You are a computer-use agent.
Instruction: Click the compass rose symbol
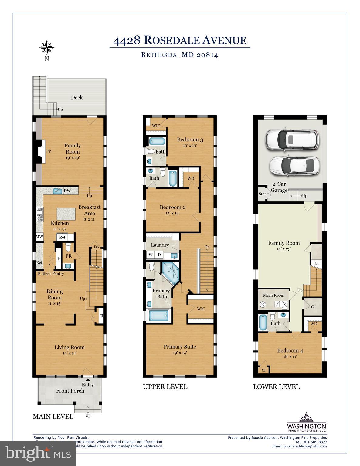pyautogui.click(x=47, y=47)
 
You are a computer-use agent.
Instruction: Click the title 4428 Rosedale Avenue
pyautogui.click(x=180, y=40)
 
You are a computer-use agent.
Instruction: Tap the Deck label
pyautogui.click(x=77, y=97)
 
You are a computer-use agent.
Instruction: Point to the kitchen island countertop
pyautogui.click(x=66, y=214)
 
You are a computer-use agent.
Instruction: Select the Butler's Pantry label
pyautogui.click(x=51, y=274)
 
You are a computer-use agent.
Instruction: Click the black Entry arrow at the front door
pyautogui.click(x=88, y=380)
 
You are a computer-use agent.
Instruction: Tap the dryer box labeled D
pyautogui.click(x=159, y=255)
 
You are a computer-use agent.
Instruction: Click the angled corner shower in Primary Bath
pyautogui.click(x=171, y=272)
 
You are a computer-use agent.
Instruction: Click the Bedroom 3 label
pyautogui.click(x=190, y=140)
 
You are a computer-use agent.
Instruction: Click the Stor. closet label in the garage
pyautogui.click(x=263, y=194)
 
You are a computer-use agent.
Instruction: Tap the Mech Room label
pyautogui.click(x=273, y=295)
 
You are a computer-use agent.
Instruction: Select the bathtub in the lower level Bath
pyautogui.click(x=263, y=322)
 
